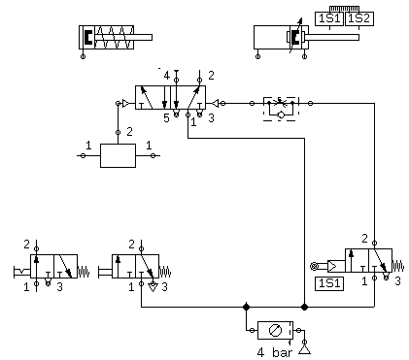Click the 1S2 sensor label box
(x=359, y=18)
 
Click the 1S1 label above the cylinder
(x=329, y=18)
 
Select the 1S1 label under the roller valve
(x=329, y=283)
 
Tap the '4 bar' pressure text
(x=275, y=352)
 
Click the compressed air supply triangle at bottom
(x=304, y=350)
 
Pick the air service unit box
(x=275, y=330)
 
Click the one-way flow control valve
(x=281, y=109)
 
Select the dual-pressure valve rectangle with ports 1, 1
(x=118, y=155)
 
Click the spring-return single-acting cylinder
(x=116, y=38)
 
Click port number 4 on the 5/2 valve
(x=166, y=76)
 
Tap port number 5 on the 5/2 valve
(x=166, y=118)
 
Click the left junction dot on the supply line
(x=246, y=307)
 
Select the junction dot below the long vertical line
(x=304, y=307)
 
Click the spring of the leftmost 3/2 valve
(x=84, y=271)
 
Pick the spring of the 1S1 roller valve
(x=398, y=266)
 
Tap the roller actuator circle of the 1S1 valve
(x=314, y=266)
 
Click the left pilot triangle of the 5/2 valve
(x=126, y=104)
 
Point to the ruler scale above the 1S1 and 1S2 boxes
(x=344, y=9)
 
